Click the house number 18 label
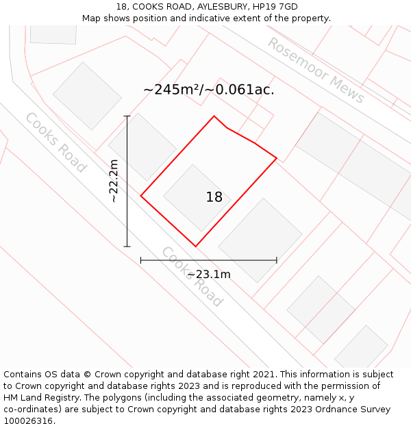(214, 197)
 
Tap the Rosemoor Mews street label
(316, 71)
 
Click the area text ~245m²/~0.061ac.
(209, 90)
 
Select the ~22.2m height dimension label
(114, 181)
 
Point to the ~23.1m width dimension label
(209, 275)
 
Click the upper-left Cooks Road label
(55, 142)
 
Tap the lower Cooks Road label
(192, 277)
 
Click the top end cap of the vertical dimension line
(127, 116)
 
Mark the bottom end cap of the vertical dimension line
(127, 247)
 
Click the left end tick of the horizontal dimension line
(141, 260)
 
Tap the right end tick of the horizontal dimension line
(277, 260)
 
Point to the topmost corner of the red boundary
(214, 116)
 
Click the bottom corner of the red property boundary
(195, 247)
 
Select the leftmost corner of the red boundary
(141, 196)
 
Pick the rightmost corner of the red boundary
(277, 158)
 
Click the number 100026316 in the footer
(28, 421)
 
